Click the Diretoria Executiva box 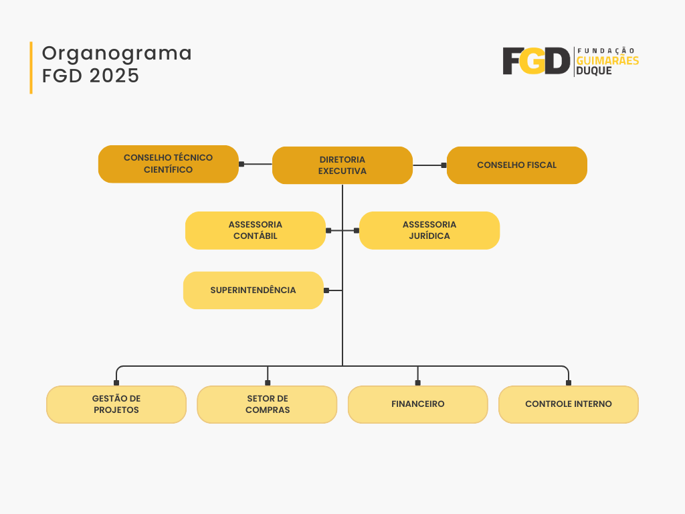(342, 165)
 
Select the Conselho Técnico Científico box (168, 164)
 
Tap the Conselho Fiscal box (517, 165)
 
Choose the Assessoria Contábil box (255, 230)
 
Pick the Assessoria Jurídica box (429, 230)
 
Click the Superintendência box (254, 290)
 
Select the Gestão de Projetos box (116, 404)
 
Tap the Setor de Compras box (267, 404)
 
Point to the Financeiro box (417, 404)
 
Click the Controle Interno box (569, 404)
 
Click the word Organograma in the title (116, 54)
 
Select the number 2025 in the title (114, 76)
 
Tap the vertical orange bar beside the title (31, 68)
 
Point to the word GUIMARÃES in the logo (607, 61)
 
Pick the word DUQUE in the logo (594, 71)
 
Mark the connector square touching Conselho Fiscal (444, 165)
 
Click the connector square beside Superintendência (326, 290)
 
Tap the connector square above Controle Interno (569, 383)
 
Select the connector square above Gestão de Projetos (116, 383)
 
